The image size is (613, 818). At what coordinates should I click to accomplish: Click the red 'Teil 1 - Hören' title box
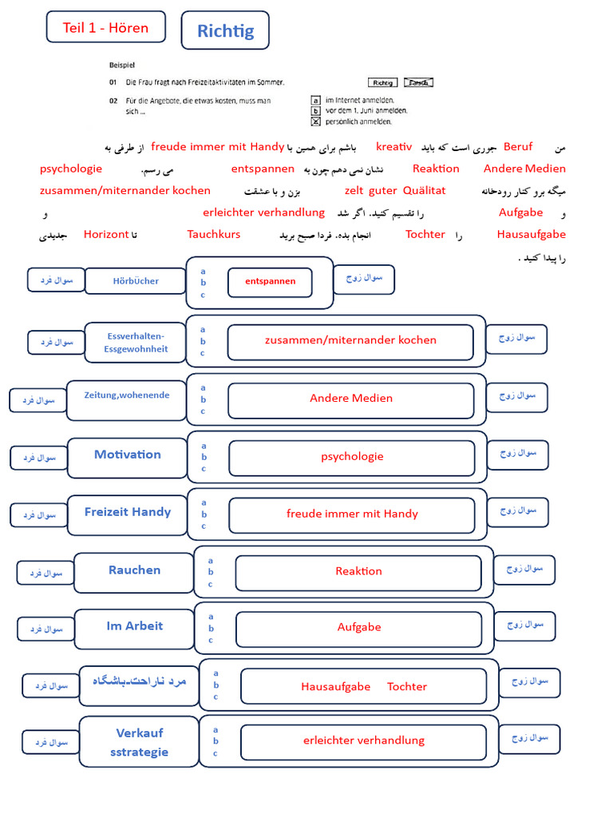pyautogui.click(x=106, y=27)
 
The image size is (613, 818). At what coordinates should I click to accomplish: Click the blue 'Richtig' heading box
pyautogui.click(x=225, y=31)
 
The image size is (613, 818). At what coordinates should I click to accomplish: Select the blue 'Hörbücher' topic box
pyautogui.click(x=136, y=280)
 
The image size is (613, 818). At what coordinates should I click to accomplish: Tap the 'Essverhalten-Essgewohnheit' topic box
pyautogui.click(x=136, y=342)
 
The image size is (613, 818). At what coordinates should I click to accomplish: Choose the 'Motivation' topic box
pyautogui.click(x=128, y=455)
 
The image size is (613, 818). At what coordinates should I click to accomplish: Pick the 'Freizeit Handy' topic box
pyautogui.click(x=128, y=512)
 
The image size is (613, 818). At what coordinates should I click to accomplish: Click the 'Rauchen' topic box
pyautogui.click(x=134, y=570)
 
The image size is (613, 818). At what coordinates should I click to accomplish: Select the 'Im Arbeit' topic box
pyautogui.click(x=134, y=625)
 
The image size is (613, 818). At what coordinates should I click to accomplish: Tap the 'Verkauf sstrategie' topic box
pyautogui.click(x=139, y=742)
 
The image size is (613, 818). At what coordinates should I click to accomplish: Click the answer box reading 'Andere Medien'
pyautogui.click(x=351, y=398)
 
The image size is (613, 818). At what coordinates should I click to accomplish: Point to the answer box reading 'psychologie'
pyautogui.click(x=352, y=456)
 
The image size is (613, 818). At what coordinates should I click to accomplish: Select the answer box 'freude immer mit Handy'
pyautogui.click(x=352, y=514)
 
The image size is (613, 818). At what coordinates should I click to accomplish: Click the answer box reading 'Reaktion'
pyautogui.click(x=358, y=571)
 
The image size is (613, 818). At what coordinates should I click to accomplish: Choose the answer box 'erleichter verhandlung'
pyautogui.click(x=363, y=741)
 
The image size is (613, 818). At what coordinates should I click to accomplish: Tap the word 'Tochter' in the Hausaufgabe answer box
pyautogui.click(x=407, y=686)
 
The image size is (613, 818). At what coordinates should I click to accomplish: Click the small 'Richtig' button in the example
pyautogui.click(x=383, y=82)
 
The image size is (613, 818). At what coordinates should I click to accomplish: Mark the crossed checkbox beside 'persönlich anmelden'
pyautogui.click(x=316, y=121)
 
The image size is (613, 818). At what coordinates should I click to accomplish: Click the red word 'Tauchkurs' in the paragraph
pyautogui.click(x=214, y=234)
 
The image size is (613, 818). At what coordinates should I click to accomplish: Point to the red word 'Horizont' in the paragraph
pyautogui.click(x=106, y=234)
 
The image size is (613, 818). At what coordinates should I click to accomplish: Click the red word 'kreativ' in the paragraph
pyautogui.click(x=394, y=146)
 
